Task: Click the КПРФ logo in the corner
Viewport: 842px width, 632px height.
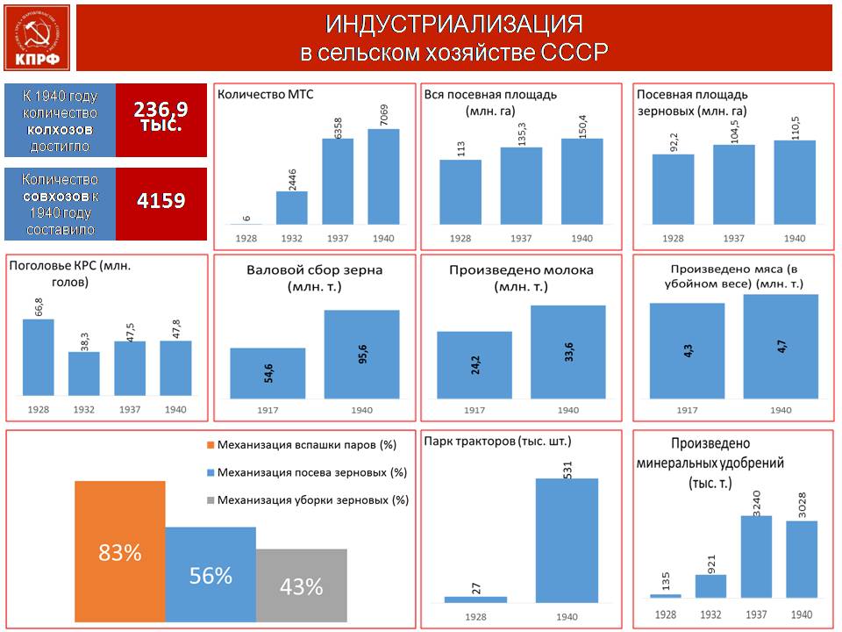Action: click(37, 38)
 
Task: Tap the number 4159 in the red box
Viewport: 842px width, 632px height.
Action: click(161, 200)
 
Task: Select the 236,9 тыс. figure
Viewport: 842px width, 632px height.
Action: click(161, 116)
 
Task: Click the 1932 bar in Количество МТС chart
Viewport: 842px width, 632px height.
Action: click(291, 207)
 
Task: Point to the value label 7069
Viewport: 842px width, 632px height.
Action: click(383, 115)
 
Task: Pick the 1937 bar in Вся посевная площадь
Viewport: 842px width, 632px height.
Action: click(521, 185)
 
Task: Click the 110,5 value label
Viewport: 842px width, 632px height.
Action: click(796, 127)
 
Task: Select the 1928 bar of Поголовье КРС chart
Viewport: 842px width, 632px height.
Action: click(38, 357)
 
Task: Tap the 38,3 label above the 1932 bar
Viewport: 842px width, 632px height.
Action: click(84, 341)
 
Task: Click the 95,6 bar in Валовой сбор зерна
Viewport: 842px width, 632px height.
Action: click(362, 354)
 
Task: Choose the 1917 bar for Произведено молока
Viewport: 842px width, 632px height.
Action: click(475, 365)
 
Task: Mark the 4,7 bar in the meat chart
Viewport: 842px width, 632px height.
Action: click(781, 346)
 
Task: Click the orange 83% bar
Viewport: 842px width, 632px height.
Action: click(120, 551)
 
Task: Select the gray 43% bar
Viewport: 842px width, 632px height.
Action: click(301, 585)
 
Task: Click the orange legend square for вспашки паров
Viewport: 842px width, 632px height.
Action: click(210, 445)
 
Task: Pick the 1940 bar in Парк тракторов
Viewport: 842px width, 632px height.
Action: click(567, 540)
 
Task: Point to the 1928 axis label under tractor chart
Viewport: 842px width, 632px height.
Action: click(475, 617)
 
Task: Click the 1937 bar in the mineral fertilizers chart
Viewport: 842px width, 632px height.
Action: click(756, 557)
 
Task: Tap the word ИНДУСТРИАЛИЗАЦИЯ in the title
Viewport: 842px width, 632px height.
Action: click(453, 25)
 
